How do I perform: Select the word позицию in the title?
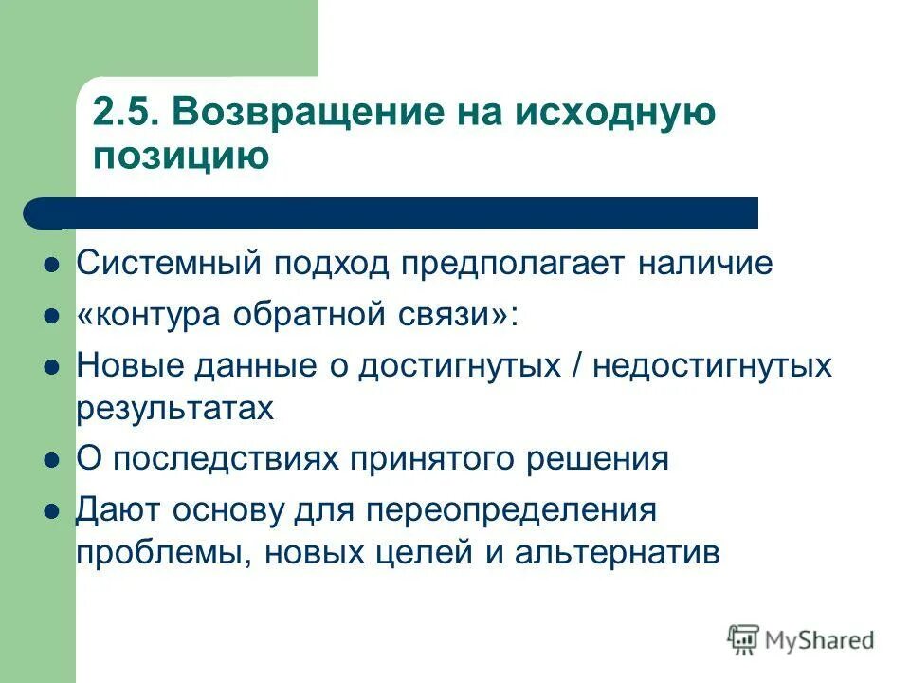tap(180, 155)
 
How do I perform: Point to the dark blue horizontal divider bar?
tap(398, 213)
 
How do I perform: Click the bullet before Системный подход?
tap(53, 266)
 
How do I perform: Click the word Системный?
tap(168, 264)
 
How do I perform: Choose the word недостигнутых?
tap(712, 365)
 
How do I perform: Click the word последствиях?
tap(223, 459)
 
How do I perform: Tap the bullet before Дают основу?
tap(53, 511)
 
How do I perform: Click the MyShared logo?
tap(801, 640)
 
